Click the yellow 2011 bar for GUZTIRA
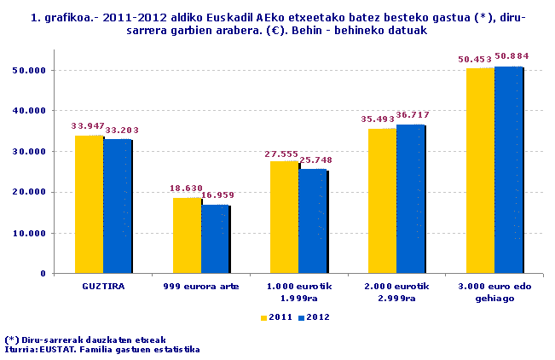coord(89,205)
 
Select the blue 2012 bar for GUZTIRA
coord(118,206)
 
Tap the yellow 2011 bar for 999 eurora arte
coord(187,235)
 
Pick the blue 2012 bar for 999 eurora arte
coord(215,239)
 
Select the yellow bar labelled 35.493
coord(382,201)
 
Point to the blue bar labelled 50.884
coord(508,170)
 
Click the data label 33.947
coord(89,126)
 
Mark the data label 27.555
coord(285,152)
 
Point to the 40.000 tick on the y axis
coord(32,111)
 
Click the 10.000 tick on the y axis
coord(32,233)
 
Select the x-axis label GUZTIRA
coord(102,287)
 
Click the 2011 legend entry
coord(276,317)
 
